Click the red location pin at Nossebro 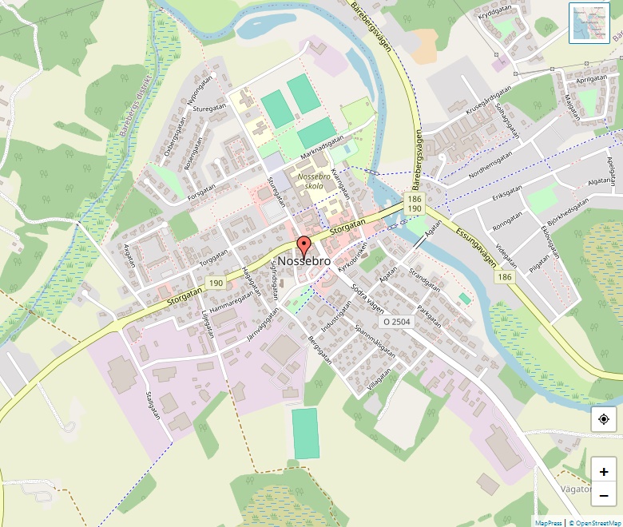[x=303, y=245]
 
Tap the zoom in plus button [x=604, y=472]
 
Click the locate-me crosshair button [x=604, y=419]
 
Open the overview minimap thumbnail [x=589, y=22]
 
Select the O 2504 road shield [x=396, y=322]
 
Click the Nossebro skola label [x=313, y=181]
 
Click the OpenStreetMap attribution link [x=595, y=523]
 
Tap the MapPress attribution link [x=548, y=523]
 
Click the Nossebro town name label [x=304, y=261]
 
